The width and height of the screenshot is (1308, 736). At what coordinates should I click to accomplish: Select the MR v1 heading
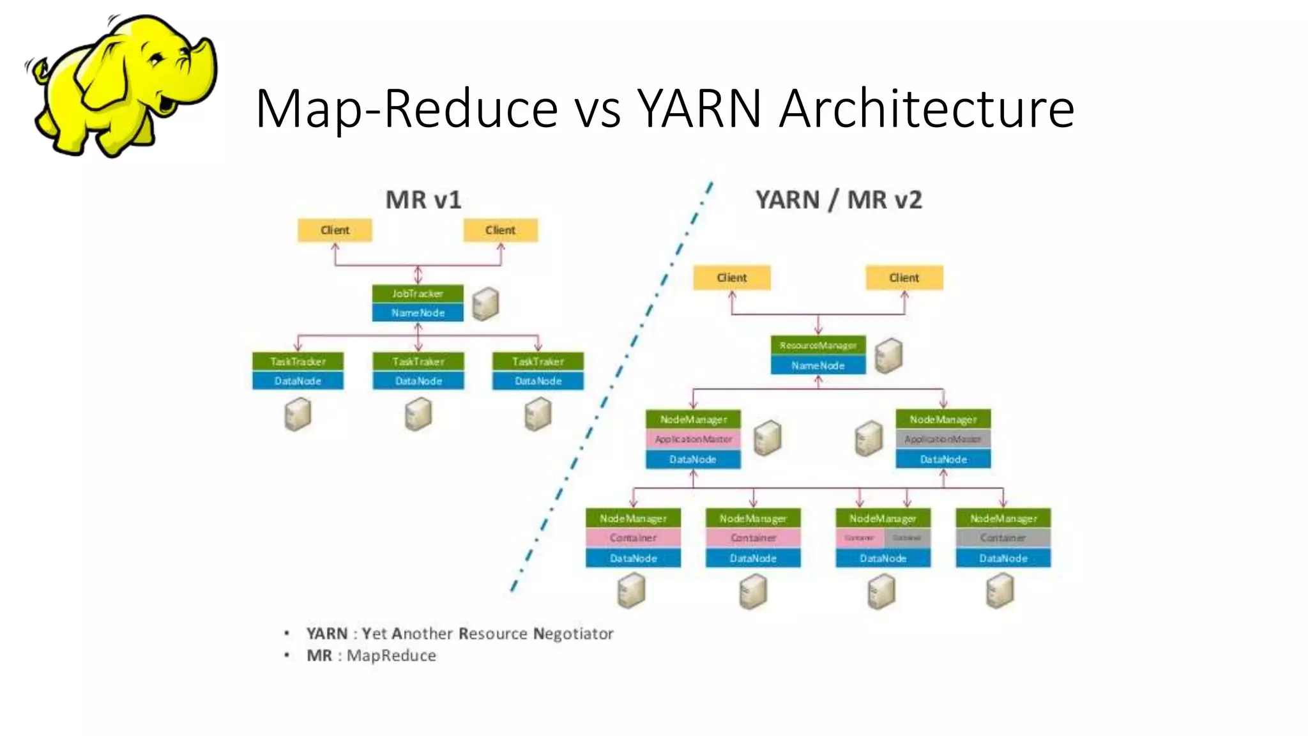coord(423,200)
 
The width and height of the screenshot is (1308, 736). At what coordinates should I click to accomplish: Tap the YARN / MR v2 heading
coord(839,200)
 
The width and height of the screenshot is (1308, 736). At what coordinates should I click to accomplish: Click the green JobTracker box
coord(418,294)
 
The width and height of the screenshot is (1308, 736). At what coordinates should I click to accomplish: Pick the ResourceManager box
coord(818,345)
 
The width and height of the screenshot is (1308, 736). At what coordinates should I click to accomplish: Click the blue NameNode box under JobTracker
coord(418,312)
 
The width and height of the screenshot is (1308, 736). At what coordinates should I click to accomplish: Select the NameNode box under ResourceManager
coord(818,365)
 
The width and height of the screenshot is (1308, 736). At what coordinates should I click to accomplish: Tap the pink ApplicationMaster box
coord(693,439)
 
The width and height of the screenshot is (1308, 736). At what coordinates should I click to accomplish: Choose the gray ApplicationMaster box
coord(943,439)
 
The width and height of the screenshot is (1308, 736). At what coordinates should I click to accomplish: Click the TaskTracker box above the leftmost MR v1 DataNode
coord(298,362)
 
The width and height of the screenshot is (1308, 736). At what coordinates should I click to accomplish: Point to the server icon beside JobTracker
coord(485,304)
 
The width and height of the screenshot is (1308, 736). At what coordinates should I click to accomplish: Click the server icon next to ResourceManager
coord(888,356)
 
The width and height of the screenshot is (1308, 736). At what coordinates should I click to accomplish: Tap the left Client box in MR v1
coord(335,230)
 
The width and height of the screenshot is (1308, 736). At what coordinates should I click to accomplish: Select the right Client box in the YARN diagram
coord(904,278)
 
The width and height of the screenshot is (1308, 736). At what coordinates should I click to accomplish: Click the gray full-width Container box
coord(1003,538)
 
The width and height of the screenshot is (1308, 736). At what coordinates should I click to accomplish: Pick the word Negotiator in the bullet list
coord(573,634)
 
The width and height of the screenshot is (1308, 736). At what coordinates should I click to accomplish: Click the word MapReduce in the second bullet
coord(391,655)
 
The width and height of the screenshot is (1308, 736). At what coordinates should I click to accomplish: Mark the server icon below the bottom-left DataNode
coord(631,590)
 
